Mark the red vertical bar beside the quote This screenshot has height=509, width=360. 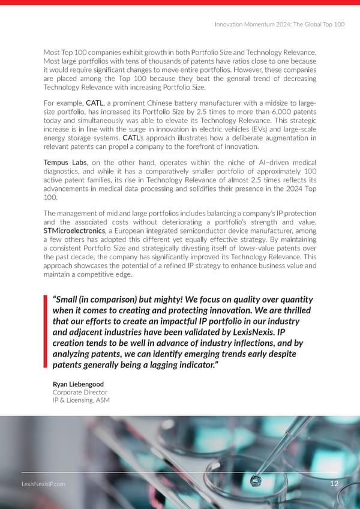(46, 332)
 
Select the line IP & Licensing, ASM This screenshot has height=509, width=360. (81, 400)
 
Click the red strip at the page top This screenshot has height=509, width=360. (180, 2)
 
